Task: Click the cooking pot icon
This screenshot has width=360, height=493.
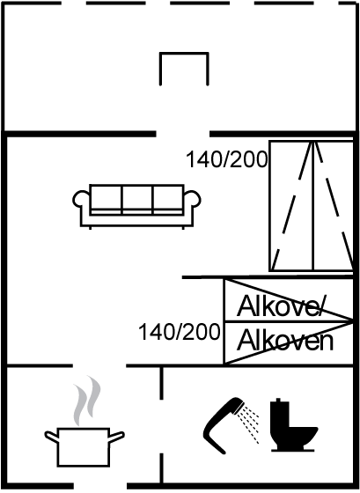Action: click(84, 446)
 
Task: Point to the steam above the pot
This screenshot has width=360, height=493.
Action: click(86, 401)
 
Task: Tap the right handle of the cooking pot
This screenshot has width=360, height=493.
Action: click(117, 437)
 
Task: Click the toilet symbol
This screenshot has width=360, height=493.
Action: click(293, 425)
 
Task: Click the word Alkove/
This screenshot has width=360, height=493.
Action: click(280, 306)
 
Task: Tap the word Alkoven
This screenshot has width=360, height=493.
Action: click(285, 340)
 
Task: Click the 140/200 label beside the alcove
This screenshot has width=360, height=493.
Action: click(180, 332)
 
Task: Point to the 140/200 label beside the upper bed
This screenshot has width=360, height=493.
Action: click(227, 159)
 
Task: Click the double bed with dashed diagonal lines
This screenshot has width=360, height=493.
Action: click(312, 206)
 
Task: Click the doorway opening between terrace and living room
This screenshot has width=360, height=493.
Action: click(183, 134)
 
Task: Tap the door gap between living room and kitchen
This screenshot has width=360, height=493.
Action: click(99, 365)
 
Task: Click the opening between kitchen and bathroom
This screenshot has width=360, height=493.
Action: click(162, 426)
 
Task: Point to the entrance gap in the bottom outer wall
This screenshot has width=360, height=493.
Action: click(100, 486)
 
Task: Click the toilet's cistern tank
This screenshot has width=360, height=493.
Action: click(279, 412)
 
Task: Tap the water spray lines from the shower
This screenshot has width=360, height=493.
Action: click(248, 424)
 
